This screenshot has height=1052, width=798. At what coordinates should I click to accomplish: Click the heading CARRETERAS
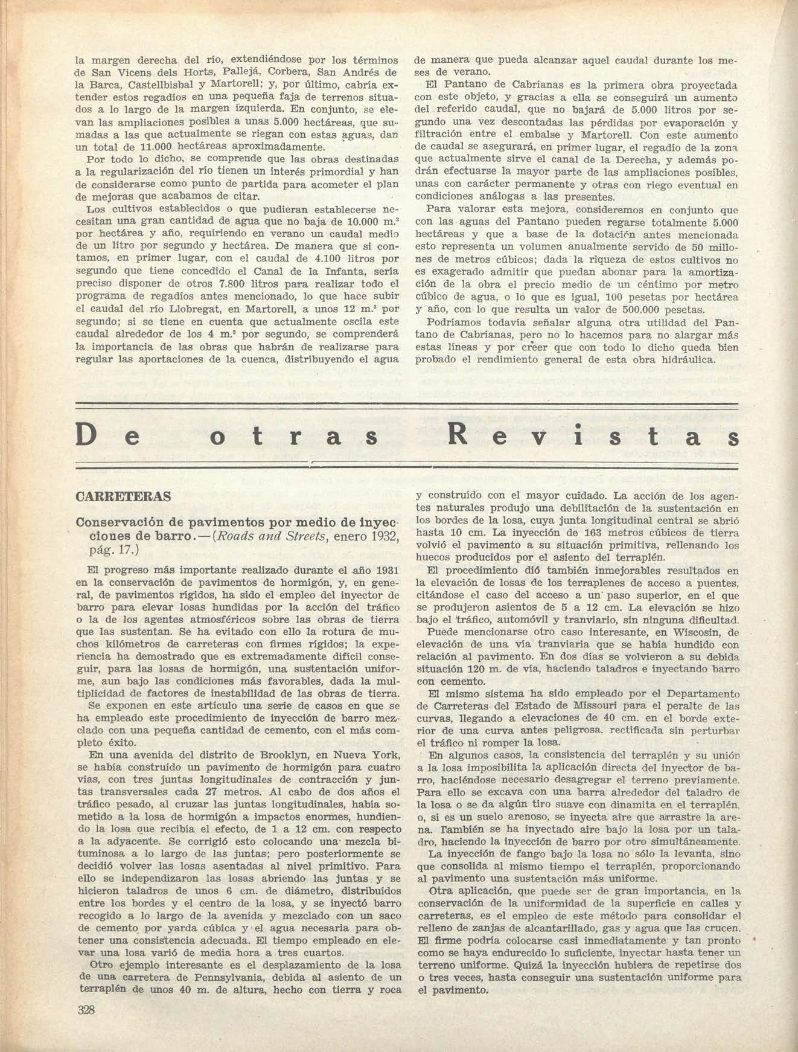point(123,497)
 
